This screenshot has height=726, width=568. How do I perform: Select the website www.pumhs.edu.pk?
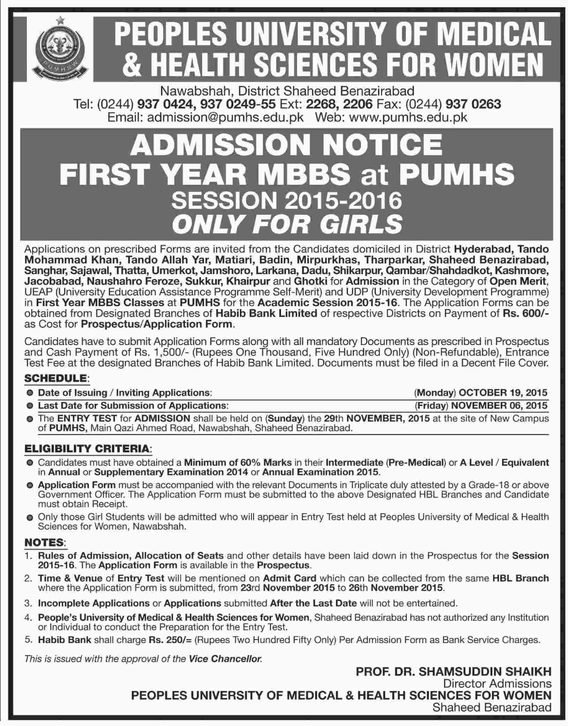coord(408,117)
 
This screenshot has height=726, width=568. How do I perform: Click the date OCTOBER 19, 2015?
coord(503,392)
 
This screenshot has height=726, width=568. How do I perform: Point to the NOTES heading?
coord(44,542)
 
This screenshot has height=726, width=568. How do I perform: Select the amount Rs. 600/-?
coord(525,313)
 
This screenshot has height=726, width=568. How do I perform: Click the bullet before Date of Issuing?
coord(31,393)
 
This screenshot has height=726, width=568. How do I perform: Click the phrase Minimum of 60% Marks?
coord(238,463)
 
